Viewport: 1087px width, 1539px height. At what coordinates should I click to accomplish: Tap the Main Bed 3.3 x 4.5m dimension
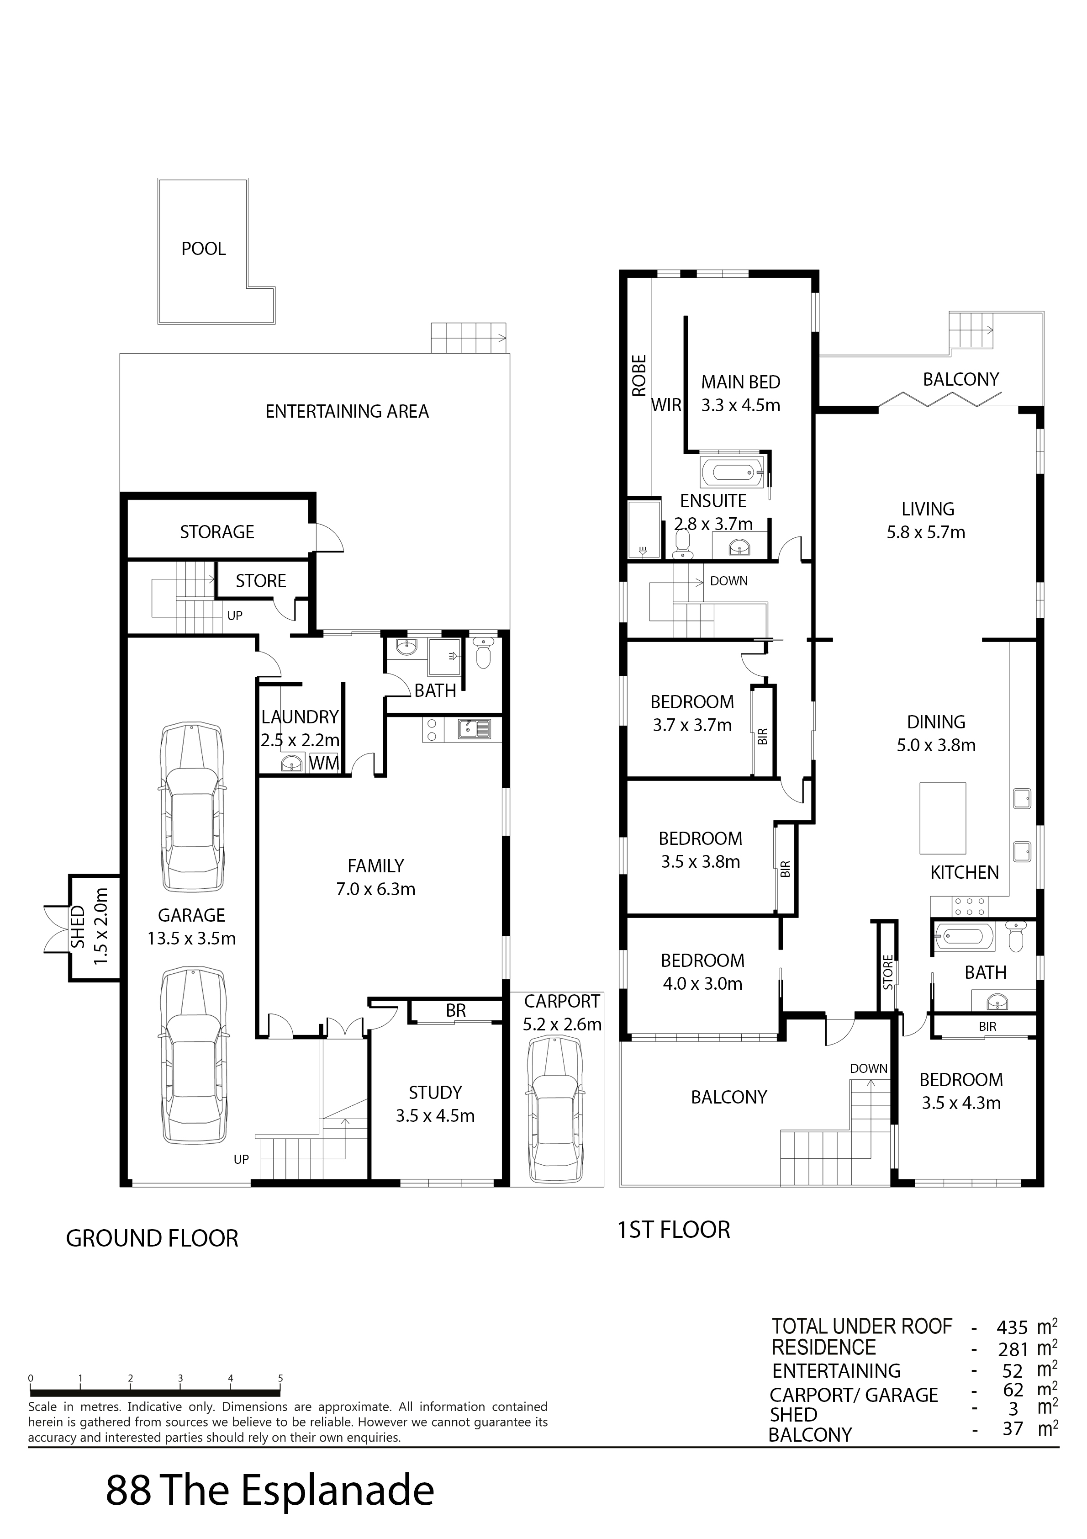point(740,405)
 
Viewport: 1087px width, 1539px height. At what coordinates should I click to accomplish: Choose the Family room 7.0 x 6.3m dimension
point(376,890)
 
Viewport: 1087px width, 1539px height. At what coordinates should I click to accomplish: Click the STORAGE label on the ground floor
point(217,532)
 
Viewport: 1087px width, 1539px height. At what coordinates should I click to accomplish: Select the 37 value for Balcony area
point(1013,1429)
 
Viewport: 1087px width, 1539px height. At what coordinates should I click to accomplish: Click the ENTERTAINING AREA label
point(347,412)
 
